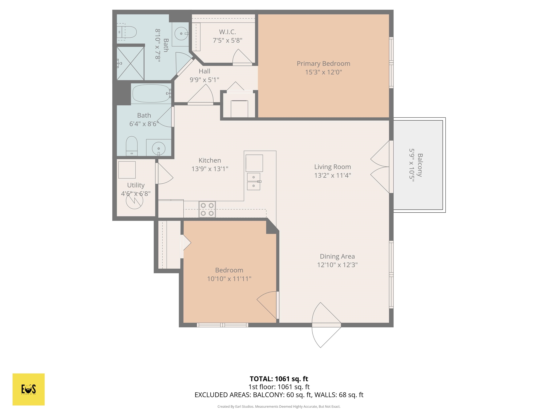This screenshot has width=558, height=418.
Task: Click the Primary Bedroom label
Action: (x=323, y=63)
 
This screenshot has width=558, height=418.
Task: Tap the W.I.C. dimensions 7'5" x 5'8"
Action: (x=228, y=40)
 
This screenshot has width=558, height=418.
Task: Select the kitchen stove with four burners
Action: (x=207, y=209)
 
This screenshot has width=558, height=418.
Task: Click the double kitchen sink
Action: (x=254, y=181)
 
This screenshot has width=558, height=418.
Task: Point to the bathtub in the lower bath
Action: (x=151, y=93)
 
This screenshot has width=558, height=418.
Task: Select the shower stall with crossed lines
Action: (x=130, y=63)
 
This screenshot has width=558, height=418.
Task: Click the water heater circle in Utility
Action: (x=134, y=200)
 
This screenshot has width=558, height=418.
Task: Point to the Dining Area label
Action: (x=337, y=256)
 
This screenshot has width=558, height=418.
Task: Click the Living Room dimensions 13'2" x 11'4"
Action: (x=332, y=175)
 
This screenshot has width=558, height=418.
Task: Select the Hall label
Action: (x=204, y=71)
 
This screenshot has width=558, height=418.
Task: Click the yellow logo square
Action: (x=29, y=389)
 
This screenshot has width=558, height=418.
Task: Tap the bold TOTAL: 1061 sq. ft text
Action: (x=279, y=379)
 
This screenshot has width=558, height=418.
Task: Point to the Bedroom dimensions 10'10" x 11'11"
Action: (x=229, y=279)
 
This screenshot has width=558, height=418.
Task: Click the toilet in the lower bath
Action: (x=132, y=146)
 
